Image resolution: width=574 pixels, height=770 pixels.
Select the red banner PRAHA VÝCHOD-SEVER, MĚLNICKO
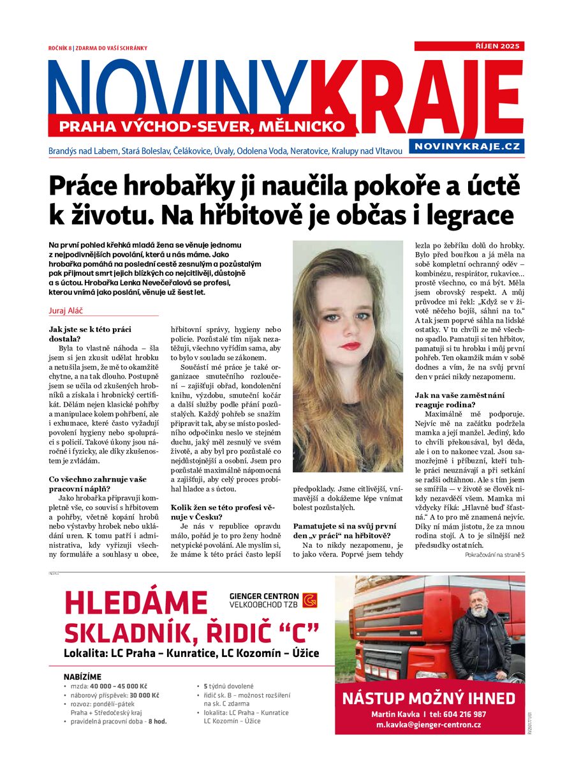202,126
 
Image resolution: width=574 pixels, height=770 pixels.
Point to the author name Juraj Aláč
67,310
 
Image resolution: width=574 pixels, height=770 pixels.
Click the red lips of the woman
350,345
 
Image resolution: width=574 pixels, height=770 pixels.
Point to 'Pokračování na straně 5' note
495,555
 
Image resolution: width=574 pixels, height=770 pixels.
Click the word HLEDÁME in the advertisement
136,603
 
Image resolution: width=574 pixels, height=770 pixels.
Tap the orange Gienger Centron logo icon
310,601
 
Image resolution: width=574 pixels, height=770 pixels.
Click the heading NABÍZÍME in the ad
82,676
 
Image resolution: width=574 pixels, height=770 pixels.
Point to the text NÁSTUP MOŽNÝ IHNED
429,698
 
